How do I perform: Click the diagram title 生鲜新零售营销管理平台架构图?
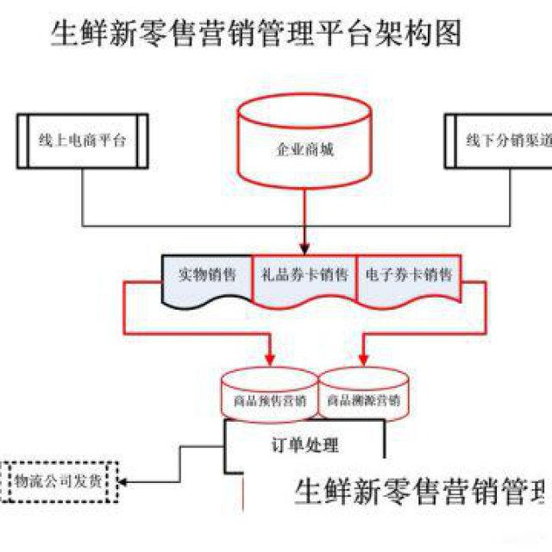tap(256, 34)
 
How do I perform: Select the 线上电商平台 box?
tap(83, 141)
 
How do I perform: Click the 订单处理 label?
tap(299, 446)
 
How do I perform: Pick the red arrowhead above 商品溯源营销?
tap(363, 356)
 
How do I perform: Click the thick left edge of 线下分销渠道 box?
tap(449, 141)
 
